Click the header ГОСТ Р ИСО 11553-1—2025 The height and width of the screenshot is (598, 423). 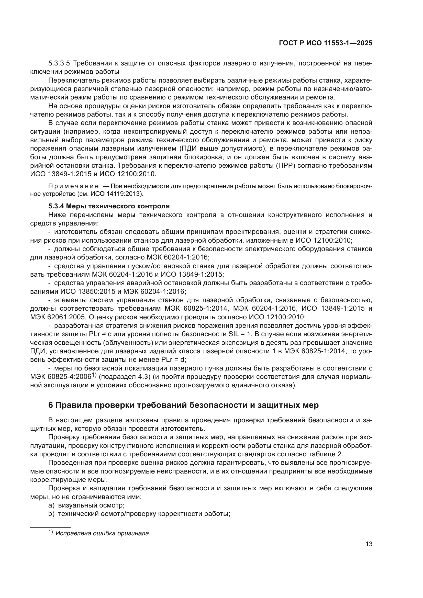(325, 43)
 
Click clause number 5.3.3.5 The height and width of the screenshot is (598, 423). (59, 63)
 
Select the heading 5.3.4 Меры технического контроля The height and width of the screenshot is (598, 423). (109, 206)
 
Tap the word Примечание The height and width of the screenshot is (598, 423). (73, 186)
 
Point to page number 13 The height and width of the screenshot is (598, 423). (369, 544)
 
